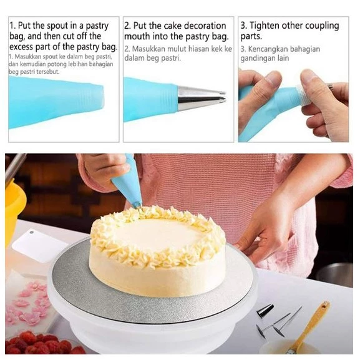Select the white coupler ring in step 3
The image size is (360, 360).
[303, 95]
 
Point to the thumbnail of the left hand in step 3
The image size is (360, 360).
[273, 79]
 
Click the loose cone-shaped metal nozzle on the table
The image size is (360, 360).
[265, 311]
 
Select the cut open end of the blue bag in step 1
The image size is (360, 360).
[102, 96]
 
